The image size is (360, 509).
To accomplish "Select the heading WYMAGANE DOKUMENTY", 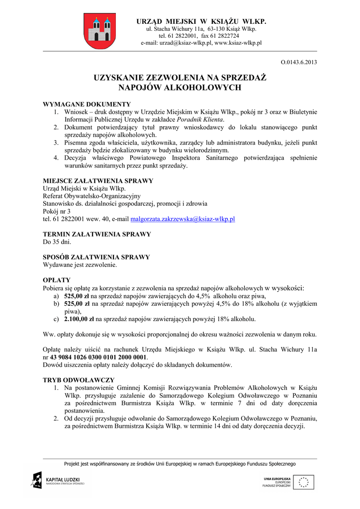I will pyautogui.click(x=87, y=104).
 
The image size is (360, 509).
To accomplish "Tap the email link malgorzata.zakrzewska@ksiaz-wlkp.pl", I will pyautogui.click(x=182, y=219).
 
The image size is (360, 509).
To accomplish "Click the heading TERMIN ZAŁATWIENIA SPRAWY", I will pyautogui.click(x=97, y=234).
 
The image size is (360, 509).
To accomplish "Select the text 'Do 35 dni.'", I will pyautogui.click(x=57, y=242).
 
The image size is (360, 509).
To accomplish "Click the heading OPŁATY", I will pyautogui.click(x=57, y=280).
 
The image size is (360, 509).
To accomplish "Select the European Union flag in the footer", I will pyautogui.click(x=303, y=482).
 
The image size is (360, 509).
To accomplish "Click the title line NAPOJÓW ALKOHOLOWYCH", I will pyautogui.click(x=180, y=87).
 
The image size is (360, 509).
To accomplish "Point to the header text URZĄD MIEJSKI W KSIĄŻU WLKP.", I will pyautogui.click(x=201, y=21).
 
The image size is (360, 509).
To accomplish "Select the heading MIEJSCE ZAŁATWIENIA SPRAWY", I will pyautogui.click(x=98, y=180).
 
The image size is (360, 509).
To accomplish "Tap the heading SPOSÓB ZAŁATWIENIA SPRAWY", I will pyautogui.click(x=96, y=257).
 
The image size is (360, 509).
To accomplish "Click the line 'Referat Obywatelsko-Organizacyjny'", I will pyautogui.click(x=91, y=196).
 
